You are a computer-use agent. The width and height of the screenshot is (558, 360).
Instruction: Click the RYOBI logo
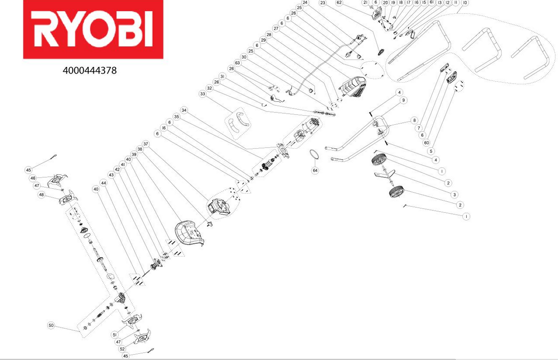(x=93, y=29)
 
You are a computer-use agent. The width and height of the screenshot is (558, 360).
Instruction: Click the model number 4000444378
(x=90, y=70)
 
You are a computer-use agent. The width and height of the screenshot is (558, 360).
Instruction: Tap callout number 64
(x=315, y=170)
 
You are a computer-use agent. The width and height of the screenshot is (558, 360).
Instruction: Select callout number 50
(x=51, y=326)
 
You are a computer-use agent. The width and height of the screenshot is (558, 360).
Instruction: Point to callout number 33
(x=202, y=94)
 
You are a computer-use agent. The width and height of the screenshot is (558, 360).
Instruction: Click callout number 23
(x=322, y=3)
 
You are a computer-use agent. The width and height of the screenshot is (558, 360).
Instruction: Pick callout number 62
(x=339, y=2)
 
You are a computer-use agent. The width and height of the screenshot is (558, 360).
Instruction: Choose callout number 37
(x=145, y=144)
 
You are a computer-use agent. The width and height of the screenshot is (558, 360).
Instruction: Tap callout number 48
(x=42, y=195)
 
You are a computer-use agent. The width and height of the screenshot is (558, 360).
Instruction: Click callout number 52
(x=122, y=349)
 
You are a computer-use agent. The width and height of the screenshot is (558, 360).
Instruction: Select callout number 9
(x=403, y=100)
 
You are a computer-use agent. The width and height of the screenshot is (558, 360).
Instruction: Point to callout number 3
(x=454, y=195)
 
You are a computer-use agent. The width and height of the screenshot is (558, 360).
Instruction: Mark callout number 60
(x=427, y=142)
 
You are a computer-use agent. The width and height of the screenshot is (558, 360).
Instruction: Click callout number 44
(x=104, y=183)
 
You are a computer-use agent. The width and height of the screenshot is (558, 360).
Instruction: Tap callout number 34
(x=184, y=110)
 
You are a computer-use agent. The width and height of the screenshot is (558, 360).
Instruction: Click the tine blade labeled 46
(x=56, y=180)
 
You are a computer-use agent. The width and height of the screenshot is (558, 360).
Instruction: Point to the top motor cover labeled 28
(x=353, y=87)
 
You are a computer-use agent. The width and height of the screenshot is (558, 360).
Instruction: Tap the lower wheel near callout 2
(x=396, y=193)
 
